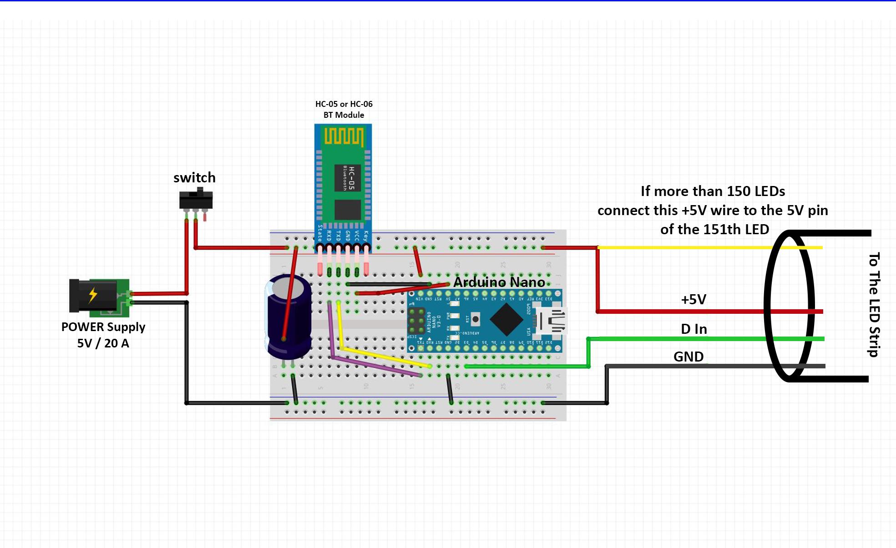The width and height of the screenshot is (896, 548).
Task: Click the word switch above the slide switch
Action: click(194, 177)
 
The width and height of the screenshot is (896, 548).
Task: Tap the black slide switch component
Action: click(196, 200)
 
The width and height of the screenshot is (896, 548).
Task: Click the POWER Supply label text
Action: click(103, 327)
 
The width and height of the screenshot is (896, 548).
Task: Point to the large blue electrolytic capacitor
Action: click(289, 316)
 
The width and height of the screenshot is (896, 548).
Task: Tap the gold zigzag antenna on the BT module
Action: click(344, 136)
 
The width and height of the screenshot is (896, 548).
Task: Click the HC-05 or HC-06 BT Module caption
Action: click(344, 109)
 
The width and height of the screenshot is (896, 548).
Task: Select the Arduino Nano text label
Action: click(499, 282)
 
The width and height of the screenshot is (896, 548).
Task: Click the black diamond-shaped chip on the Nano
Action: click(506, 319)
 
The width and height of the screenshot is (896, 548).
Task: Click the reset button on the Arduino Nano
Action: click(475, 319)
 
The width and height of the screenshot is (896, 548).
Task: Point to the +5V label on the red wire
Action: click(694, 299)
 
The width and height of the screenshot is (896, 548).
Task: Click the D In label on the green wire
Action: click(694, 329)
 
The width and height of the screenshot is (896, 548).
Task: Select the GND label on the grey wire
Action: click(688, 357)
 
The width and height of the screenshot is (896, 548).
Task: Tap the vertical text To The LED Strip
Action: click(874, 304)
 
